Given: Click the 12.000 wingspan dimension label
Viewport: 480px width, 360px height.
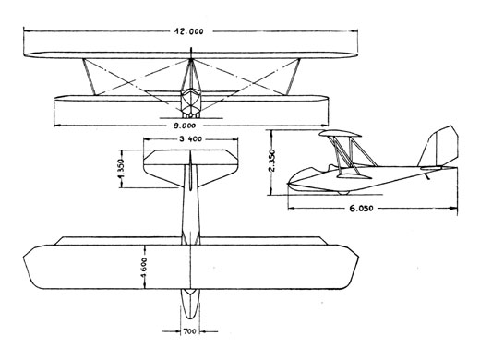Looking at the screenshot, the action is tap(189, 31).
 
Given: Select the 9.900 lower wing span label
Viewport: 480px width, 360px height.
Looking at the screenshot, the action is tap(185, 126).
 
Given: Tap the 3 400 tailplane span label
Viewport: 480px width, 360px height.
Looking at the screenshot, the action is tap(191, 139).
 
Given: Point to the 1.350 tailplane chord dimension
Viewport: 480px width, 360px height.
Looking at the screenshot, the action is tap(121, 169).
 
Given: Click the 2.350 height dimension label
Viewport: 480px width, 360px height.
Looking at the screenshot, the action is tap(272, 161).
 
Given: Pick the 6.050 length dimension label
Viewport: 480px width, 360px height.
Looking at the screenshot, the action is tap(361, 209).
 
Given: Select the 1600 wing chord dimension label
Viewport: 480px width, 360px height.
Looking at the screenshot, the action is tap(144, 268).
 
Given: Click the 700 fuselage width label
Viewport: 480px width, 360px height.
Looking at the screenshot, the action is tap(189, 331).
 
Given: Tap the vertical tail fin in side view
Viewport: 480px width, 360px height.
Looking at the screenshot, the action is tap(438, 148).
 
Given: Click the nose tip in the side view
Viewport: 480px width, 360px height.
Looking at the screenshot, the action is tap(288, 184).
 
